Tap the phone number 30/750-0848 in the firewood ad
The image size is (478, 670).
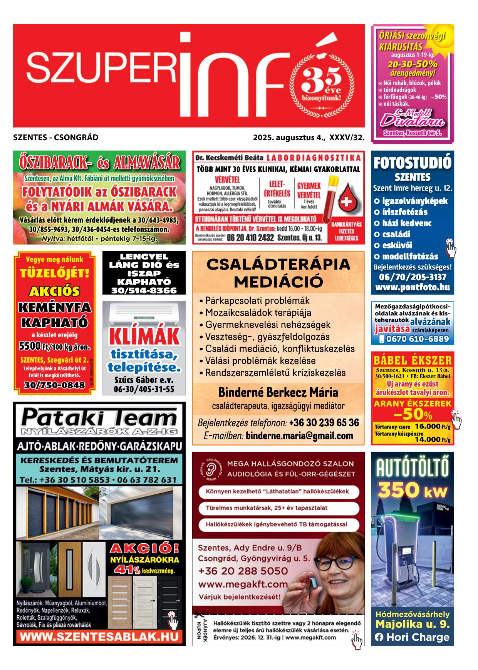(54, 385)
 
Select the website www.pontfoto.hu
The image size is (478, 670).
(412, 288)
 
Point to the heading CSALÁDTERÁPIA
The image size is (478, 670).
(278, 265)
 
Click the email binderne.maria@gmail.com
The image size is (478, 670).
(299, 436)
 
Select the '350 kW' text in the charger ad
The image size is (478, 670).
(413, 491)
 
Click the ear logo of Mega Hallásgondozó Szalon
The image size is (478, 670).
(210, 469)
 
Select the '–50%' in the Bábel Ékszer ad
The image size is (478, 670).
(412, 416)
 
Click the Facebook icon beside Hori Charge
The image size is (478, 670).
(379, 638)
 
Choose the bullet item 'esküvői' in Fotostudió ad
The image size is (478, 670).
(397, 245)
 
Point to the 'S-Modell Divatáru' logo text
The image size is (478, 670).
(412, 118)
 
